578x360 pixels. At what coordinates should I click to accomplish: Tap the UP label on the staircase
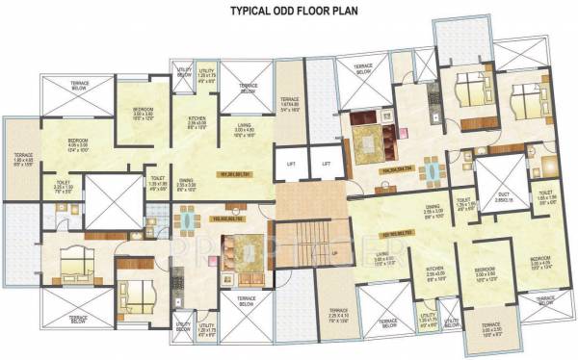[x=332, y=253]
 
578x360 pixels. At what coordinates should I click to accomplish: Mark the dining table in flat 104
[x=429, y=171]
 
